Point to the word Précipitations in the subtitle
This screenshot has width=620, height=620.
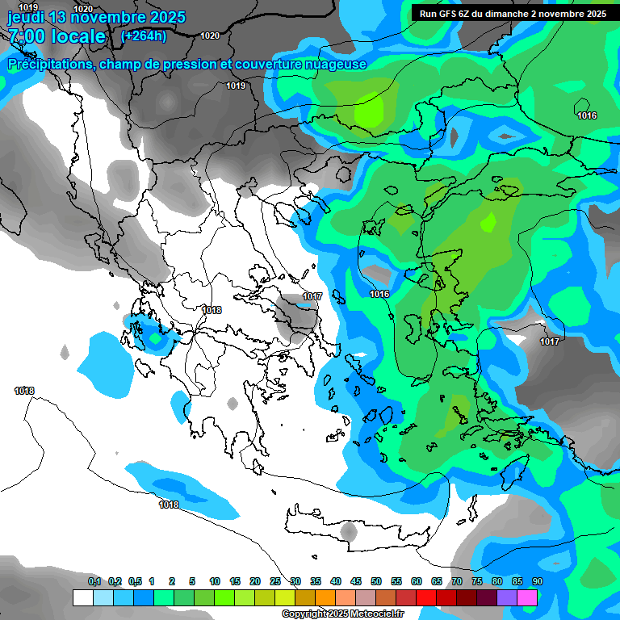point(49,65)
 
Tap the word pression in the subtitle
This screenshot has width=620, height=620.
point(186,65)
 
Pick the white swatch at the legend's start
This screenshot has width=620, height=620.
point(82,598)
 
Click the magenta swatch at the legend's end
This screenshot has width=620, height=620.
point(527,598)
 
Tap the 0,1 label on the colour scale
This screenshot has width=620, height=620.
point(94,582)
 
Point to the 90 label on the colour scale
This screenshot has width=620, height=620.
point(537,582)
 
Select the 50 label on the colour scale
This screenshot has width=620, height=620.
point(376,582)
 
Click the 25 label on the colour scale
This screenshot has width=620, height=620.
point(275,582)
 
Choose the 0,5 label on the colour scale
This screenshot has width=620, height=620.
point(136,582)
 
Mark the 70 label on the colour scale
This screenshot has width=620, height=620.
point(457,582)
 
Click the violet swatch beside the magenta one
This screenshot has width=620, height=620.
point(507,598)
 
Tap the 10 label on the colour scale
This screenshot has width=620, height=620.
point(215,582)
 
